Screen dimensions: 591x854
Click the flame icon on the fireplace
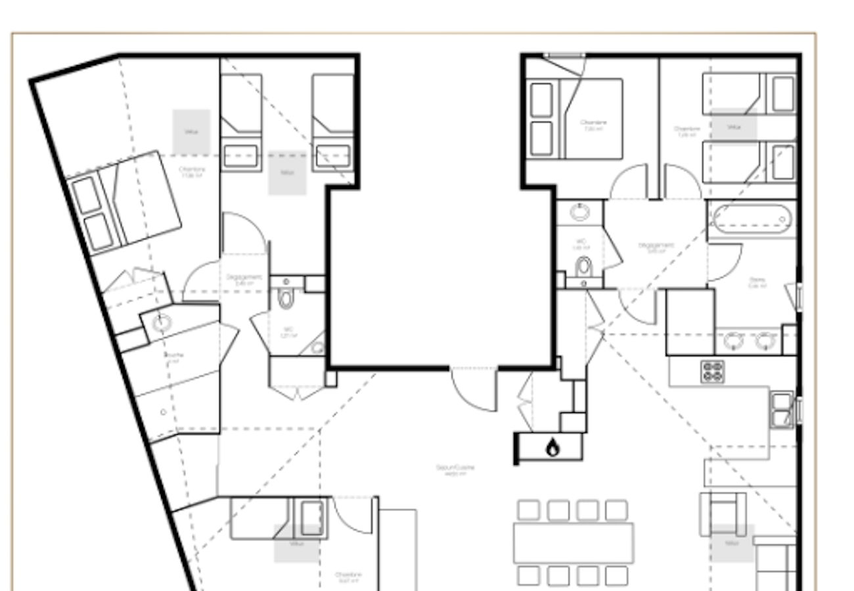[552, 449]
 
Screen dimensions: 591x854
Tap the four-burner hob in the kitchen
[712, 372]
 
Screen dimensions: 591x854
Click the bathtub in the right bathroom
[752, 219]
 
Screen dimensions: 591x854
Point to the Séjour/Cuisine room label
[455, 469]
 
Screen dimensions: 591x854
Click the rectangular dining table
[573, 543]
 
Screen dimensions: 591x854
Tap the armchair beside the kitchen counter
[723, 513]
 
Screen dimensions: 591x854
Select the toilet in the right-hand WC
[583, 269]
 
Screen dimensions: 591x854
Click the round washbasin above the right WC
[579, 212]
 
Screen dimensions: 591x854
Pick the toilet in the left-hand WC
[286, 298]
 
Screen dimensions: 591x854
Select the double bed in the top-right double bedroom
[576, 119]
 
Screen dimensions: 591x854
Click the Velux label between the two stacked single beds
[734, 127]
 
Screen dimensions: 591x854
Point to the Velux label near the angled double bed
[191, 132]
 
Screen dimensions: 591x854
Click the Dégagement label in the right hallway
[656, 247]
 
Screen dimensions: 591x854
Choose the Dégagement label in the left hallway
[244, 278]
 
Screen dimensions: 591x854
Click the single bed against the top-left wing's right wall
[333, 122]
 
